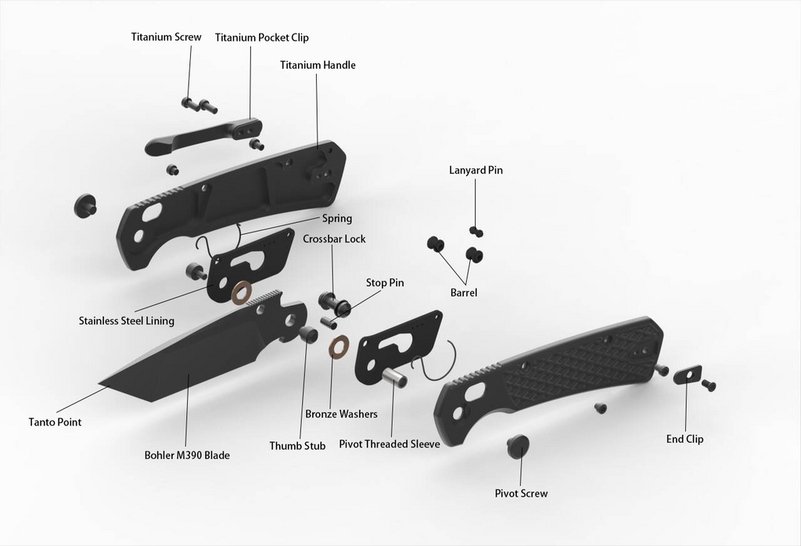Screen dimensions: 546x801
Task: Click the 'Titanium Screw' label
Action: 166,37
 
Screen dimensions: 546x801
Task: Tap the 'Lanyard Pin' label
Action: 476,170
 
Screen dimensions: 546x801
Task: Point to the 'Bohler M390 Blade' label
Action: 187,455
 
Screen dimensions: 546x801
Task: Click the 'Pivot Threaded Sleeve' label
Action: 389,444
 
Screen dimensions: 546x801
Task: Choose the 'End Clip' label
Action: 684,439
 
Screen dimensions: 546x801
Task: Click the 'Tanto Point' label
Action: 55,422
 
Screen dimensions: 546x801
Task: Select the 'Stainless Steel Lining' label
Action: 127,321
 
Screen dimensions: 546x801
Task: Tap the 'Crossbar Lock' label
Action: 334,239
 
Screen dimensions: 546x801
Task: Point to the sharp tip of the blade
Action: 102,384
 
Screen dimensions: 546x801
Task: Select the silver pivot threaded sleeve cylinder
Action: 393,376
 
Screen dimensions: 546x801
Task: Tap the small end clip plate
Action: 687,375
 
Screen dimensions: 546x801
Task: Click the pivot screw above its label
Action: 518,447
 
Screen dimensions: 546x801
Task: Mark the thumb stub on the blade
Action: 308,335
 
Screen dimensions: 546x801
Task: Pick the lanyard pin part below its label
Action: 476,232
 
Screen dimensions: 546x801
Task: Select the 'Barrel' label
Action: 463,293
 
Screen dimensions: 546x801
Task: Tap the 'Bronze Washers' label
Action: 341,414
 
